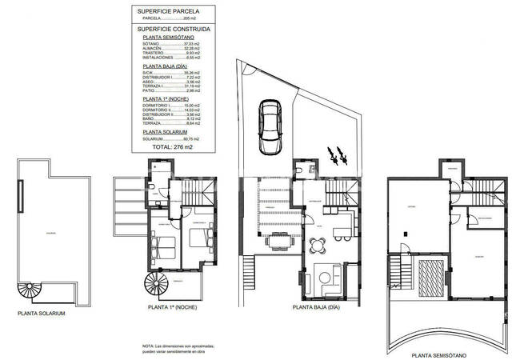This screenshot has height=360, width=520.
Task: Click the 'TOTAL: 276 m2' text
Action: pos(172,147)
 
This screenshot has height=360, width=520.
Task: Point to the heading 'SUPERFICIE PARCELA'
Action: pos(168,11)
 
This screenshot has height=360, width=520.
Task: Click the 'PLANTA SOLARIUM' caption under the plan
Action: pos(41,314)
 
